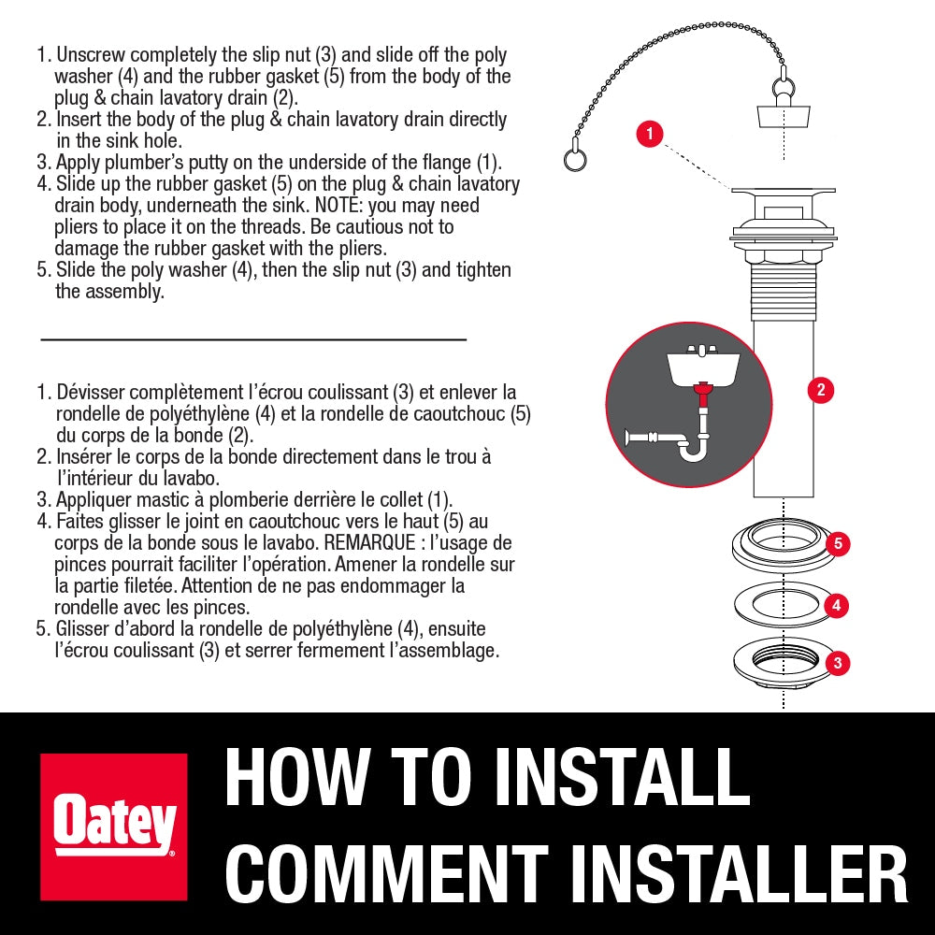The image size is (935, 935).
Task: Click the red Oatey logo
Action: (113, 827)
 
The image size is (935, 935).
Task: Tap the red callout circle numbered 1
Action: (650, 133)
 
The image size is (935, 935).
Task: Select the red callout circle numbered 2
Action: (821, 390)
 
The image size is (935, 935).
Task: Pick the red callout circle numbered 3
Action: (838, 663)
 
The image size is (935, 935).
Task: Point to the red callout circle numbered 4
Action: (837, 605)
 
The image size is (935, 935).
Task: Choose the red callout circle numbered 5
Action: (838, 543)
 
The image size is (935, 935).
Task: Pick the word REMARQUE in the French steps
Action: (369, 542)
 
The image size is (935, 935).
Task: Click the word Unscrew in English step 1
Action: (91, 55)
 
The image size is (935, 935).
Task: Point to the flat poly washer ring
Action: (783, 605)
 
